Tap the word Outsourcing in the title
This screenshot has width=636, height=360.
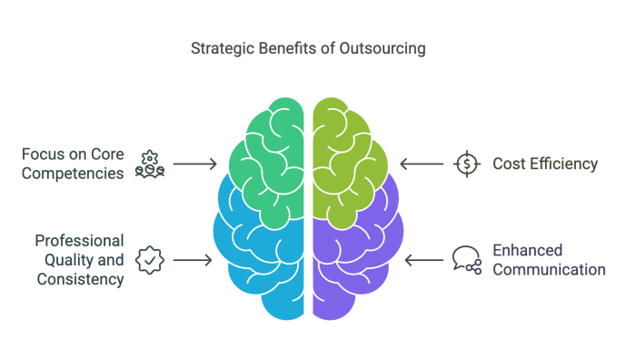point(391,48)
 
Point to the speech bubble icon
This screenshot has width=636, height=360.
point(466,259)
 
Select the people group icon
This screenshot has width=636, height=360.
point(149,165)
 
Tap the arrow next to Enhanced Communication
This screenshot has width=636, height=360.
point(422,260)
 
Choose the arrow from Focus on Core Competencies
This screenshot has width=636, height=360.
point(194,165)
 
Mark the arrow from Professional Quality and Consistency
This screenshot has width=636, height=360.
point(193,260)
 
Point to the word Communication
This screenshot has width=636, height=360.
point(549,270)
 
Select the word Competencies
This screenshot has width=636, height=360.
point(75,173)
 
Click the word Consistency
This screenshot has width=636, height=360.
point(80,280)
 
